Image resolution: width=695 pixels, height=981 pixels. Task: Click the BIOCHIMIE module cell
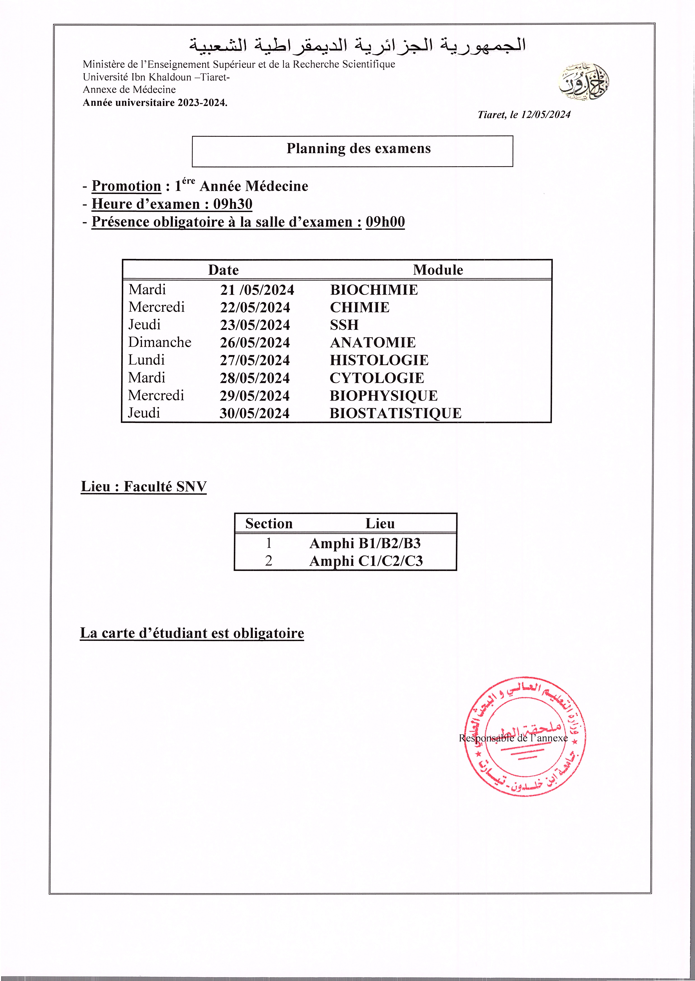pyautogui.click(x=374, y=290)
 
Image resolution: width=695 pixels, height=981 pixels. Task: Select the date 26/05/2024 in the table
pyautogui.click(x=255, y=342)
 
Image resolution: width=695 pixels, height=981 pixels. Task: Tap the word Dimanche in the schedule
pyautogui.click(x=160, y=342)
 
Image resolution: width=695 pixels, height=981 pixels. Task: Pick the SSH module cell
pyautogui.click(x=344, y=325)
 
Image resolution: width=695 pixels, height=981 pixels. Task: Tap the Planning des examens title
pyautogui.click(x=359, y=148)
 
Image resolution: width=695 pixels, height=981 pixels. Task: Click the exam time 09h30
pyautogui.click(x=233, y=204)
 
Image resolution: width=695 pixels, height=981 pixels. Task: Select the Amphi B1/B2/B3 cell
pyautogui.click(x=365, y=543)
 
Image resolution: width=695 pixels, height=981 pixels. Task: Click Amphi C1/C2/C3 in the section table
pyautogui.click(x=366, y=561)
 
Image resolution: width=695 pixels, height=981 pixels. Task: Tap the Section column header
pyautogui.click(x=269, y=524)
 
